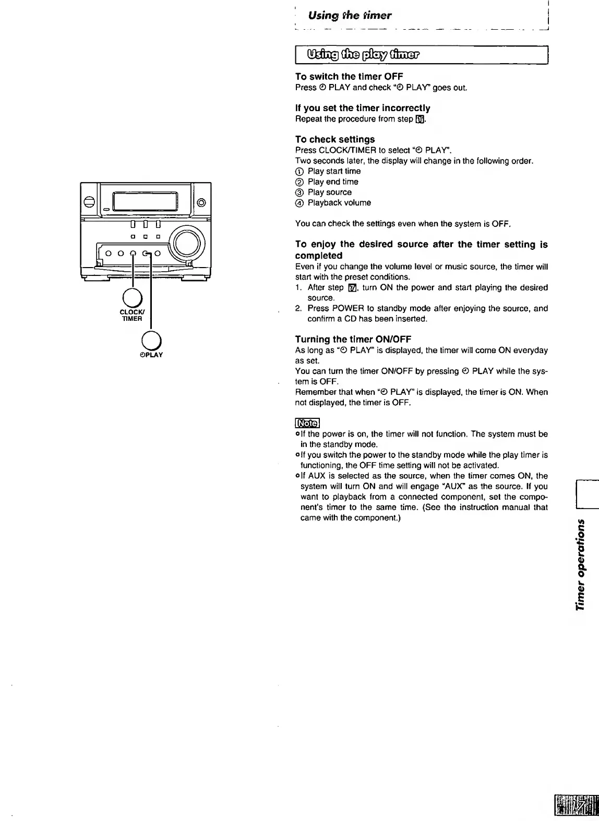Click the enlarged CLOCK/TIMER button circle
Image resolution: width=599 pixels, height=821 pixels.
click(133, 298)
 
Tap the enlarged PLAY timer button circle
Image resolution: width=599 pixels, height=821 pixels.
click(150, 340)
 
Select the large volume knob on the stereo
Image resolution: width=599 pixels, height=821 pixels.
click(187, 243)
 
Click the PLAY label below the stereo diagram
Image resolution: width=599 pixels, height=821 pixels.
click(151, 355)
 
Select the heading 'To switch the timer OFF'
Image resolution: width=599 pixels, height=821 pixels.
click(349, 77)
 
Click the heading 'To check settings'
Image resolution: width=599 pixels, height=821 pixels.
click(335, 139)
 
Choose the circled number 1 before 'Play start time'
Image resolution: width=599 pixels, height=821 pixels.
click(299, 172)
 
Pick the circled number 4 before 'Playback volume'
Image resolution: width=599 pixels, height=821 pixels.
click(299, 203)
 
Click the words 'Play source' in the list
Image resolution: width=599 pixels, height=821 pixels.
click(329, 192)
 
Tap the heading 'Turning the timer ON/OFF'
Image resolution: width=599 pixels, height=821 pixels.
click(353, 340)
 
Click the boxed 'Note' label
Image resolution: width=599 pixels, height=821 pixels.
click(307, 422)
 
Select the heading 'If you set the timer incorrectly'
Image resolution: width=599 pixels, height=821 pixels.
click(363, 108)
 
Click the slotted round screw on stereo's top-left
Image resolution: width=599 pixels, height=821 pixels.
click(89, 202)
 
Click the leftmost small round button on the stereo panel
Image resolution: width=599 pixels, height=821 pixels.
click(109, 253)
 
